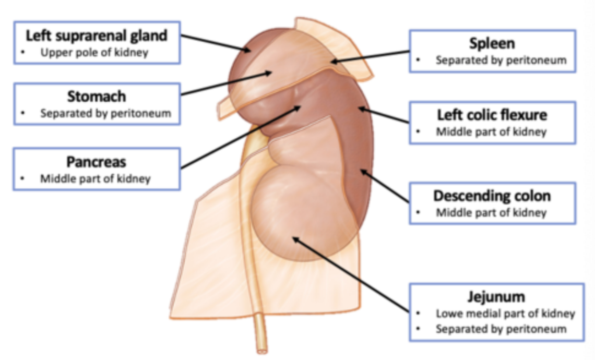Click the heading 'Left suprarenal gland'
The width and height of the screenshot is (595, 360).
click(x=97, y=36)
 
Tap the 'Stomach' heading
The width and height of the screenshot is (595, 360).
click(x=97, y=97)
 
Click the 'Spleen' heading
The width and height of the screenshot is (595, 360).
click(x=492, y=43)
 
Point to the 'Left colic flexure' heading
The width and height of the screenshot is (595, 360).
click(x=492, y=114)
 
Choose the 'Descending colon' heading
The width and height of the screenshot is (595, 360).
click(x=492, y=196)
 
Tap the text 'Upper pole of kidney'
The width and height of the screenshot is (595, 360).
click(x=94, y=52)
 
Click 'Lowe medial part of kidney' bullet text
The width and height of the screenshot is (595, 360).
click(x=505, y=314)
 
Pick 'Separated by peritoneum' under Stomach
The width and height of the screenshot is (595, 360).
click(x=105, y=113)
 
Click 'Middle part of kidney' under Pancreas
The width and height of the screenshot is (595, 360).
click(x=95, y=178)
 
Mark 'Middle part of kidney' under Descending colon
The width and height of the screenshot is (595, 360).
click(x=491, y=212)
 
